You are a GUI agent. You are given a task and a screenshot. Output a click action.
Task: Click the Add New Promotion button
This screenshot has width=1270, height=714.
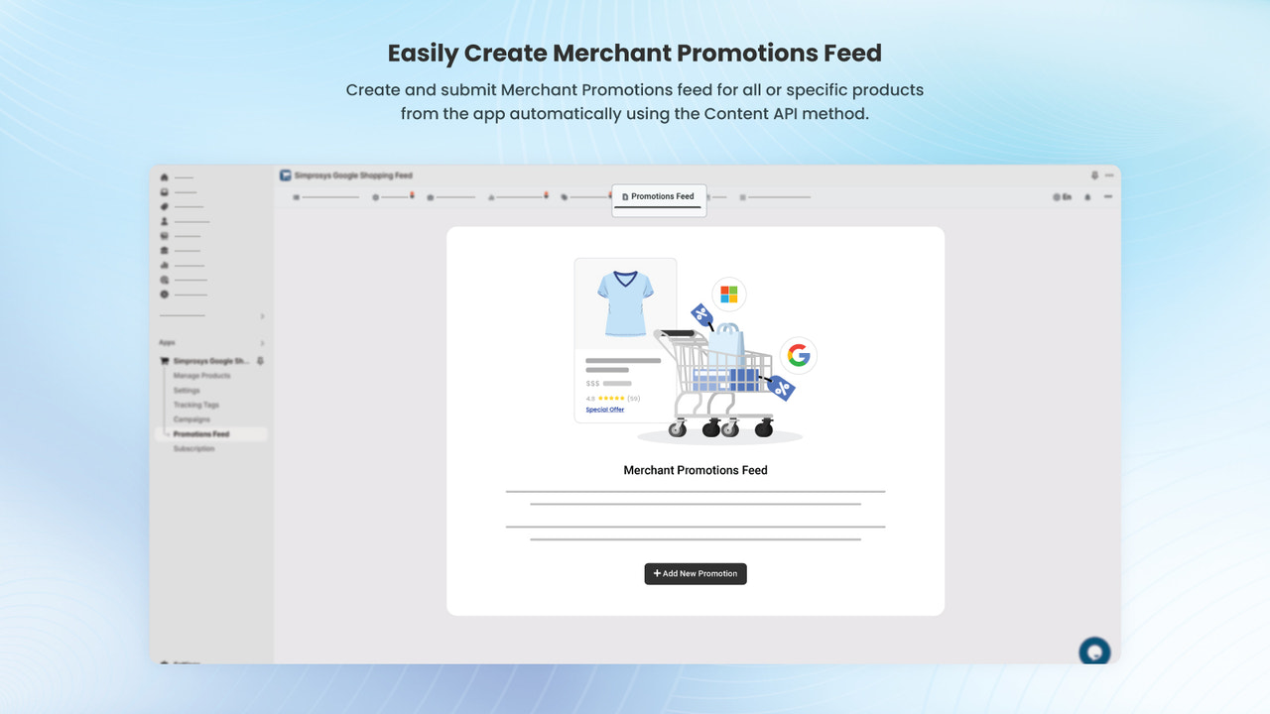click(x=695, y=573)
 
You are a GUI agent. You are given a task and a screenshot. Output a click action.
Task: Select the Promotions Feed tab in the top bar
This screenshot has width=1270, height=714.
click(x=659, y=196)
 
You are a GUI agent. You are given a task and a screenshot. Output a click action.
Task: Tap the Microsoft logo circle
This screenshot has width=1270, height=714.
click(x=728, y=295)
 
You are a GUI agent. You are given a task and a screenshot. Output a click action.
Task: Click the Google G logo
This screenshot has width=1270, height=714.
click(x=799, y=354)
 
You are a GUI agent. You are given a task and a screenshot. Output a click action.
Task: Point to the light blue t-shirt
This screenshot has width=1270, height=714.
click(x=625, y=302)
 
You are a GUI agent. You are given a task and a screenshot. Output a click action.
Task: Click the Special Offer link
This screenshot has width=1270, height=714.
click(x=604, y=410)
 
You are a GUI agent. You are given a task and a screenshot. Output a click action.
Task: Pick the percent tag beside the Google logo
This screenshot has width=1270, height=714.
click(x=781, y=388)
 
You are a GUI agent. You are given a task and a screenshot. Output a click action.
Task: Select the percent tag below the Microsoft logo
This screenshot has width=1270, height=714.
click(x=702, y=315)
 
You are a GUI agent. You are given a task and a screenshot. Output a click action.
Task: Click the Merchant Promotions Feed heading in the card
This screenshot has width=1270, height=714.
click(x=695, y=470)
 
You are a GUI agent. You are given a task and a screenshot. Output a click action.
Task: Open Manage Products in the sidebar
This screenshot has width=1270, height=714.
click(x=201, y=376)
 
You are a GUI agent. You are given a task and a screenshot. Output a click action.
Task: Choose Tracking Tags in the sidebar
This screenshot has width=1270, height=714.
click(x=195, y=405)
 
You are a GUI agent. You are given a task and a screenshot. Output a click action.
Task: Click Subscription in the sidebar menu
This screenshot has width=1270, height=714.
click(x=193, y=449)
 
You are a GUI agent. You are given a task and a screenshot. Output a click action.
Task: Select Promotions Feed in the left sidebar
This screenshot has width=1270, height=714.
click(x=200, y=434)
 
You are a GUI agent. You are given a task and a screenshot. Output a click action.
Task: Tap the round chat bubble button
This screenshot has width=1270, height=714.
click(x=1094, y=652)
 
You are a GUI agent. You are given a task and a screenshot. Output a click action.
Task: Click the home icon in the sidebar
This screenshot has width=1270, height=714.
click(x=165, y=177)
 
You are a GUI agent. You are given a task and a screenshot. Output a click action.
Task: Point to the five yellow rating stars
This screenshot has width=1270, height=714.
click(x=610, y=399)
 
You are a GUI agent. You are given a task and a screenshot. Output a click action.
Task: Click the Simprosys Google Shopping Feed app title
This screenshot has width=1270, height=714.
click(x=352, y=176)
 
